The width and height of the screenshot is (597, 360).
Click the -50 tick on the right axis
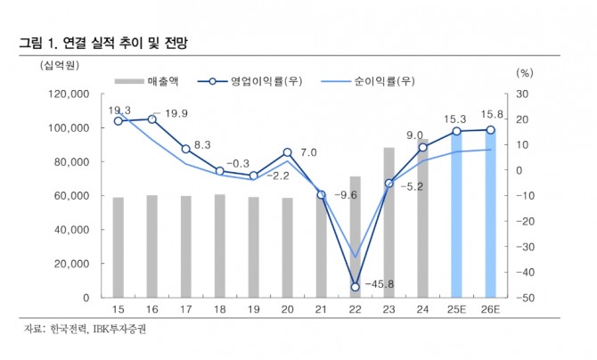pyautogui.click(x=527, y=298)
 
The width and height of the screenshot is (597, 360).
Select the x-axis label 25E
pyautogui.click(x=456, y=308)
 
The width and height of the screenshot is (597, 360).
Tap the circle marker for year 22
pyautogui.click(x=355, y=286)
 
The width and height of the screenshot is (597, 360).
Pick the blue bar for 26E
pyautogui.click(x=490, y=214)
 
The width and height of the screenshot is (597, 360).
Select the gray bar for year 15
pyautogui.click(x=118, y=247)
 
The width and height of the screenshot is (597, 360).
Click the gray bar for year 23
pyautogui.click(x=388, y=222)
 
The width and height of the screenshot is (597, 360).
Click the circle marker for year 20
pyautogui.click(x=287, y=152)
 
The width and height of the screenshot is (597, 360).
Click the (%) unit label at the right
pyautogui.click(x=524, y=71)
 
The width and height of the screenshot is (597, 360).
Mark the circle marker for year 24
pyautogui.click(x=422, y=147)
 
